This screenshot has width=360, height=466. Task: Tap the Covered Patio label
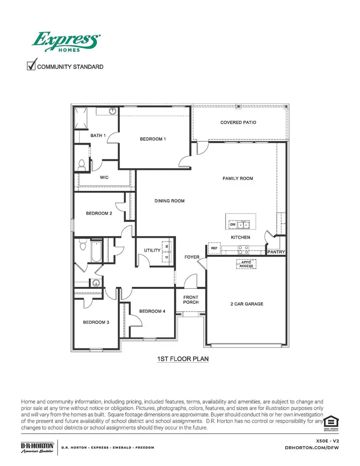[238, 122]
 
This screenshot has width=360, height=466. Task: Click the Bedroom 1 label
[152, 139]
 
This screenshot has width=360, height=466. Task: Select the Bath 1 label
[98, 136]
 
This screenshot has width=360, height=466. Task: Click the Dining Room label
[169, 201]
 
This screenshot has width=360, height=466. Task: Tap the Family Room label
[238, 178]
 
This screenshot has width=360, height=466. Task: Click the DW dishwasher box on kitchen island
[233, 225]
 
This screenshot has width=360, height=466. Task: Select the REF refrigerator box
[214, 248]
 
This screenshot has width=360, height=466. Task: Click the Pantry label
[276, 252]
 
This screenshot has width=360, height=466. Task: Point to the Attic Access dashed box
[246, 264]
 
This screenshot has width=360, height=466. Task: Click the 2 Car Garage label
[247, 304]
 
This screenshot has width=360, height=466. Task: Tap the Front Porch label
[191, 300]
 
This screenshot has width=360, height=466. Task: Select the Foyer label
[192, 257]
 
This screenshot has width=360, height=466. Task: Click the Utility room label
[152, 250]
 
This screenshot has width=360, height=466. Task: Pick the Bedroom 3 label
[96, 322]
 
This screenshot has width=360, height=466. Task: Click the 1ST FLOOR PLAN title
[183, 359]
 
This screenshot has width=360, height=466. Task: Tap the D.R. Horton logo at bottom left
[37, 447]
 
